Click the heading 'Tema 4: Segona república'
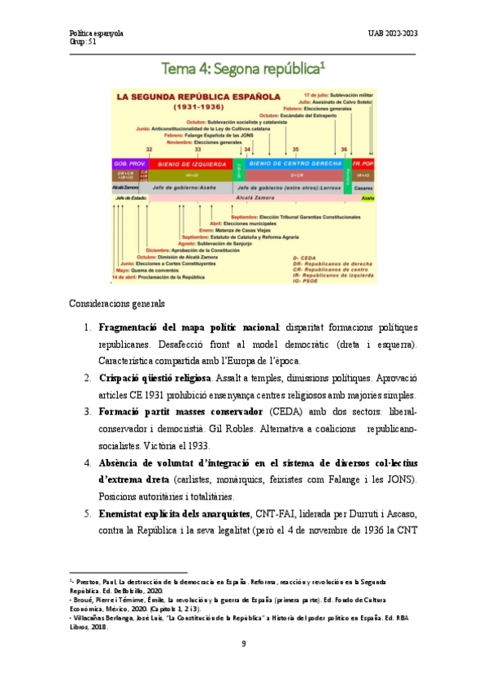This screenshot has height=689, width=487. pyautogui.click(x=243, y=69)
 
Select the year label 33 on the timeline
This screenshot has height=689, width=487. pyautogui.click(x=198, y=149)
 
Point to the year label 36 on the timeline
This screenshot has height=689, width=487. pyautogui.click(x=344, y=149)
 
